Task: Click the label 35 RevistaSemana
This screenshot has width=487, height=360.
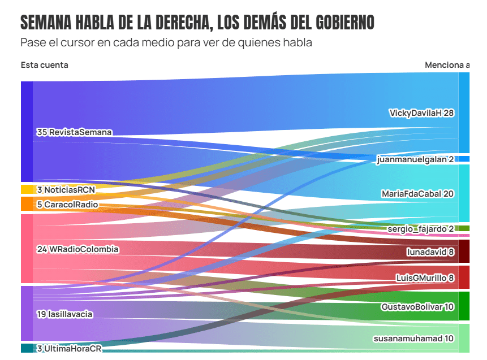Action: [x=74, y=132]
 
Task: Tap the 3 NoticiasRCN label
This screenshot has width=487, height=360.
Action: [x=66, y=189]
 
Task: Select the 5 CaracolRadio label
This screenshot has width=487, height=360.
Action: [x=67, y=204]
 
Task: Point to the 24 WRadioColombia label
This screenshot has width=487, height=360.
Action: [x=77, y=249]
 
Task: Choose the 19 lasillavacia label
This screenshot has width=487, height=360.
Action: [x=64, y=314]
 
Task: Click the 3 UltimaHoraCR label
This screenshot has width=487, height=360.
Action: [x=69, y=349]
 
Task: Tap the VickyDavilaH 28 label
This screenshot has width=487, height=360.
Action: [x=421, y=113]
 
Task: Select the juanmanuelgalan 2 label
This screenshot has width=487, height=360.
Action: [x=415, y=159]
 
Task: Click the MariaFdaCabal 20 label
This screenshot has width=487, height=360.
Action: [x=417, y=194]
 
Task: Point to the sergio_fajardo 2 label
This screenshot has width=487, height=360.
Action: [x=420, y=229]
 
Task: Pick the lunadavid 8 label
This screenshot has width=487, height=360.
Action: [x=430, y=252]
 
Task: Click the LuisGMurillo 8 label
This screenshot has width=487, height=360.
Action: [x=425, y=277]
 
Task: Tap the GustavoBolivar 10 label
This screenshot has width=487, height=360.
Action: [x=417, y=306]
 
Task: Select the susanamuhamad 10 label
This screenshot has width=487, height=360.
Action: [x=413, y=339]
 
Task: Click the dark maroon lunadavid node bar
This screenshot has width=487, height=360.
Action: [x=464, y=251]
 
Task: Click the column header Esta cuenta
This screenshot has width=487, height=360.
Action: [x=44, y=65]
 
